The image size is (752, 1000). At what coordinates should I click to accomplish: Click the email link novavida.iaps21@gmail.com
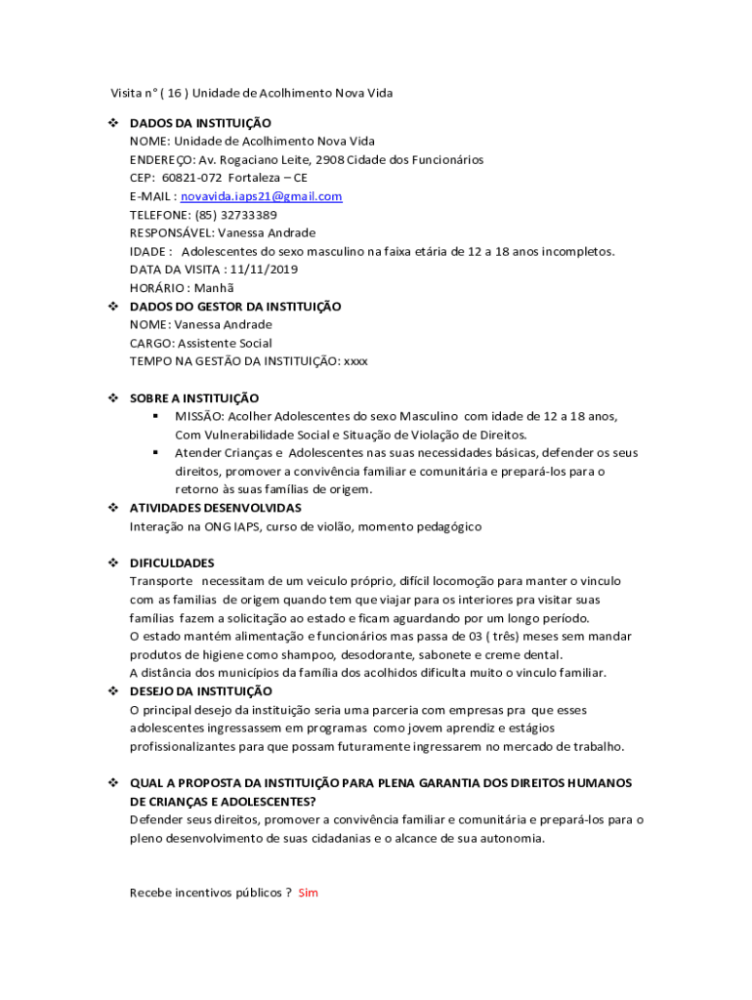[262, 196]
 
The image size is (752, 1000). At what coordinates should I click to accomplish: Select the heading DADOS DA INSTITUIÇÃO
[200, 123]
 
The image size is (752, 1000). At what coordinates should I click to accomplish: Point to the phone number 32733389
[249, 215]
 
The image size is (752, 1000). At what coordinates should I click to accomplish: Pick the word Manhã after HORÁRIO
[215, 288]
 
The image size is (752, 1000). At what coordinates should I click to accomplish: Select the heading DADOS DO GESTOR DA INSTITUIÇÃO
[235, 307]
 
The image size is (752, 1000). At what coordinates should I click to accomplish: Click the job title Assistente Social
[225, 343]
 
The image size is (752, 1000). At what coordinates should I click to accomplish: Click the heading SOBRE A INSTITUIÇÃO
[194, 398]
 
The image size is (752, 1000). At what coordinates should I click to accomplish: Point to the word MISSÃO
[199, 417]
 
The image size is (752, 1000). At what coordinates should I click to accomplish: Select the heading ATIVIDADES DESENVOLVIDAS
[216, 508]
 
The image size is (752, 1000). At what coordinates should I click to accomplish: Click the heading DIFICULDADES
[172, 563]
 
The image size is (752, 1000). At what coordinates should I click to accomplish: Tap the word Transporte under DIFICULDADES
[161, 582]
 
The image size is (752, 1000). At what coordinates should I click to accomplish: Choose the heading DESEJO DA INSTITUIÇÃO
[201, 691]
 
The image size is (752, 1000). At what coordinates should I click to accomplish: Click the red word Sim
[309, 893]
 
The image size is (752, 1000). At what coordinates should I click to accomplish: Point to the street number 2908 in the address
[346, 160]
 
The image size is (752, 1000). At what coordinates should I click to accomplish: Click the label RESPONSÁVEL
[171, 233]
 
